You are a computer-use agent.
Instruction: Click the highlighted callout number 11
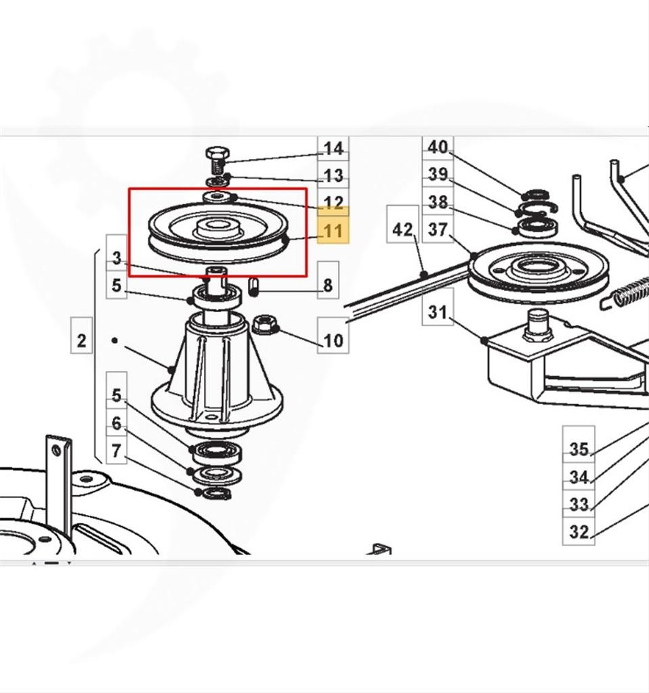coord(333,231)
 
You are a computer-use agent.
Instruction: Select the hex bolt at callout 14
coord(217,161)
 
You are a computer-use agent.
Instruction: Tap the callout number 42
coord(402,230)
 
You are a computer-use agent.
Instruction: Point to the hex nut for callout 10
coord(264,325)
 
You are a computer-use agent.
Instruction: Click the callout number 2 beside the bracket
coord(81,341)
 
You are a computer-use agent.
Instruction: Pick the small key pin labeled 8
coord(254,286)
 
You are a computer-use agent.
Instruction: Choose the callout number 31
coord(438,312)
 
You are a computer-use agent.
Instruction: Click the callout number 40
coord(438,146)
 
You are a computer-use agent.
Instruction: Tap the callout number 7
coord(117,451)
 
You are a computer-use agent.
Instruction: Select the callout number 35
coord(579,449)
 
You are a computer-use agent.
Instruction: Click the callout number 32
coord(579,532)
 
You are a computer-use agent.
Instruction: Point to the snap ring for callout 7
coord(215,493)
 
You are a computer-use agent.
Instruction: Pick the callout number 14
coord(333,148)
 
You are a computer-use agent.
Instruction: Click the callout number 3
coord(117,258)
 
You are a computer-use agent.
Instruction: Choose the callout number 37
coord(438,230)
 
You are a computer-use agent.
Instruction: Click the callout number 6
coord(117,424)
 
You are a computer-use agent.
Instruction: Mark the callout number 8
coord(328,286)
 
